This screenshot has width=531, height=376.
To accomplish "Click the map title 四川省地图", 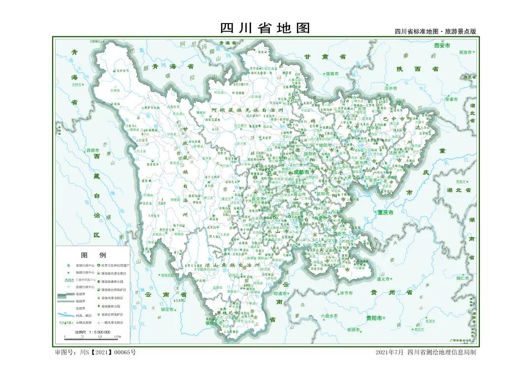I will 265,28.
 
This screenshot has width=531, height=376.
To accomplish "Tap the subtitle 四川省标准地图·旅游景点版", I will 435,31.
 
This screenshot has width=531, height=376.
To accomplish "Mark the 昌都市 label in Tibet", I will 93,150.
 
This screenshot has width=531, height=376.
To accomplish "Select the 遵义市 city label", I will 383,279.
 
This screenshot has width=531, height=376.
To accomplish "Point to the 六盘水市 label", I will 329,315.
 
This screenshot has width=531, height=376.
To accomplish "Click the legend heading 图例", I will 93,255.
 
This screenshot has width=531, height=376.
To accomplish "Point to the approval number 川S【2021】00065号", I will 95,352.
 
